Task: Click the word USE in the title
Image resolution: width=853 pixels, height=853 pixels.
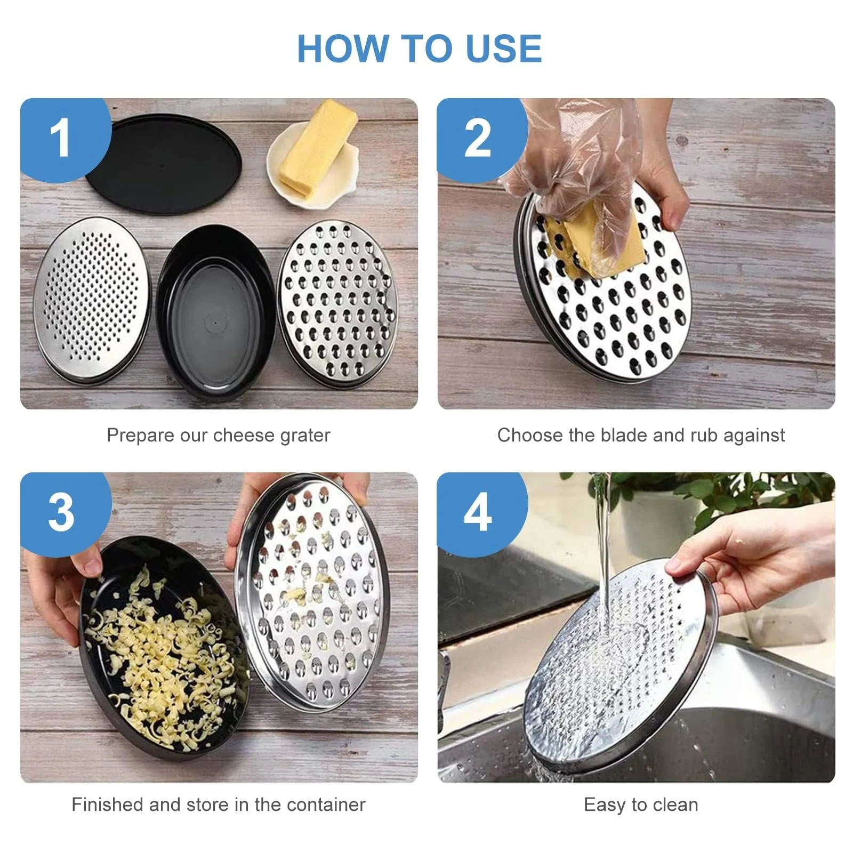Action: [503, 48]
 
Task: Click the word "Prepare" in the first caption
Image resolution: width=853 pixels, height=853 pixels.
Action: [140, 436]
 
